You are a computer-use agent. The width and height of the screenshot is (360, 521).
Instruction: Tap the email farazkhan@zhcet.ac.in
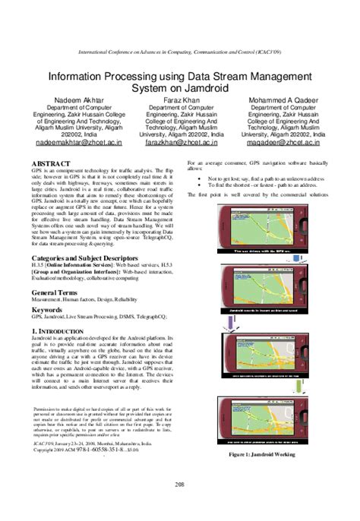point(180,141)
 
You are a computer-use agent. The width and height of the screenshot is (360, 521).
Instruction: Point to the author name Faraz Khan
point(179,99)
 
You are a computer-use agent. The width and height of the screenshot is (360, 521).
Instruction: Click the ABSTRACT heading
point(51,163)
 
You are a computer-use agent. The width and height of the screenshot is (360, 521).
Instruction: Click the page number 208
point(179,485)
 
